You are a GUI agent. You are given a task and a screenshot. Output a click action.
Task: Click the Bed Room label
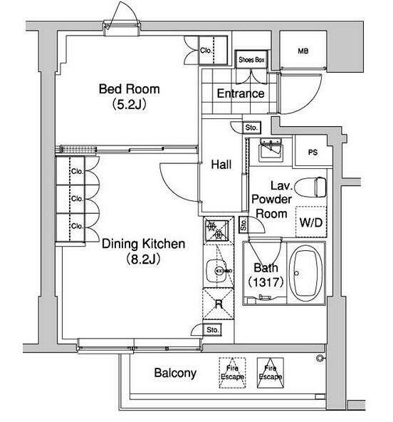[x=130, y=89]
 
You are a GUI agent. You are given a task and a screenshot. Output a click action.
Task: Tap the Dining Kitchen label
[x=144, y=244]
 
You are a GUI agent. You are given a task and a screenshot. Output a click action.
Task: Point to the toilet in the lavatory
[x=310, y=187]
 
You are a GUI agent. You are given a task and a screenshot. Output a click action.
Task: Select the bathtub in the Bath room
[x=306, y=274]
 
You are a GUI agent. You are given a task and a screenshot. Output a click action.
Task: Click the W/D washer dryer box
[x=311, y=222]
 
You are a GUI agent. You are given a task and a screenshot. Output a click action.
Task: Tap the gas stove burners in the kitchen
[x=216, y=230]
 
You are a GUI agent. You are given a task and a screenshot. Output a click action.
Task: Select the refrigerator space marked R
[x=219, y=304]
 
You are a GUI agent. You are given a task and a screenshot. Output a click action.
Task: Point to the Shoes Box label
[x=251, y=60]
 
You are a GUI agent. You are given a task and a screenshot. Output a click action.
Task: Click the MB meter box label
[x=303, y=51]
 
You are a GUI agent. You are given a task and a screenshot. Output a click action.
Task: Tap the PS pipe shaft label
[x=313, y=153]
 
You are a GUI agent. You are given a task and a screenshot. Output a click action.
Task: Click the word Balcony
[x=175, y=373]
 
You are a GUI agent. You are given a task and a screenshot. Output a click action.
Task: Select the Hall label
[x=221, y=165]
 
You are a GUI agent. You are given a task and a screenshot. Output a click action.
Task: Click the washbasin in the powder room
[x=271, y=150]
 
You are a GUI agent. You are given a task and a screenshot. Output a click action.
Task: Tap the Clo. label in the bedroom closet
[x=206, y=51]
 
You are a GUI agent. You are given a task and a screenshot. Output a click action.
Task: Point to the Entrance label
[x=241, y=93]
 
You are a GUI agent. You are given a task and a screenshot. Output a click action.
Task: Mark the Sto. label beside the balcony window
[x=213, y=329]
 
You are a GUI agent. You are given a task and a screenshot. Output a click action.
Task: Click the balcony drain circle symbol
[x=320, y=358]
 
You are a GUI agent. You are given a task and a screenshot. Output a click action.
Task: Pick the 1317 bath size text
[x=266, y=282]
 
